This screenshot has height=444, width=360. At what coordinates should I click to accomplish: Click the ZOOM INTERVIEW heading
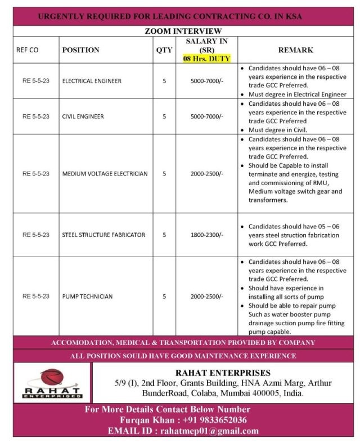183,32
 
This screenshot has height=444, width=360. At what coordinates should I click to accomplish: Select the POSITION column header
80,50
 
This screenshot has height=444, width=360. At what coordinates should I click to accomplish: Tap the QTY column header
164,50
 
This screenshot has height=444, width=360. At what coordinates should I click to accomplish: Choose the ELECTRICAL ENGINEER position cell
92,81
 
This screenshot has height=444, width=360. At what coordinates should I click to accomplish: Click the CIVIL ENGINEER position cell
83,116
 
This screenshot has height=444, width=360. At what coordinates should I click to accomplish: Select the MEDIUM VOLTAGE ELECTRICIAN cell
105,174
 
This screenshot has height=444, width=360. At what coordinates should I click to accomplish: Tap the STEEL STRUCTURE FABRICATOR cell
103,235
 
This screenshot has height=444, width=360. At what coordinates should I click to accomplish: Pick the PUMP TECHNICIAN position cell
87,296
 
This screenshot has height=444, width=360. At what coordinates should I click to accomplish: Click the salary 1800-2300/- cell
206,235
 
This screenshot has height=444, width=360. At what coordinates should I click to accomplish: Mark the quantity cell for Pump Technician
164,296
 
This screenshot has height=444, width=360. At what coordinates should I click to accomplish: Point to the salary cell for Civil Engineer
206,116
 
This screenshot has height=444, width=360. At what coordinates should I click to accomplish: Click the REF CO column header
28,50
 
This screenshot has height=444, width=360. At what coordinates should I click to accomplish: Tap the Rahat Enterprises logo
52,383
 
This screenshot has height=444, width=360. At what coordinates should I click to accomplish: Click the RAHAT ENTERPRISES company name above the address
223,373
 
